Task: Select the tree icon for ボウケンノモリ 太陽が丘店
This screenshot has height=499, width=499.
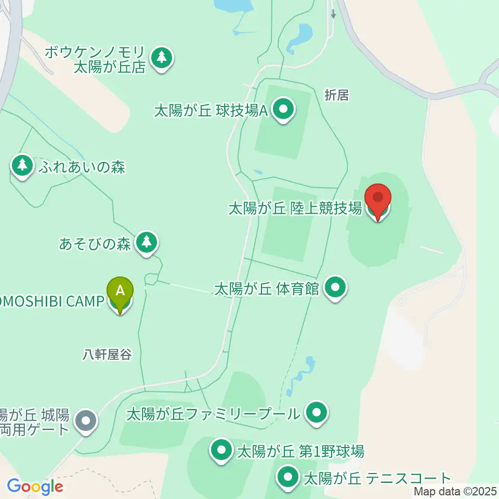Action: tap(162, 58)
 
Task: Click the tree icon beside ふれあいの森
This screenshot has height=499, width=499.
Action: tap(22, 165)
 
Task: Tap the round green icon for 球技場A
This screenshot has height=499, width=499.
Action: tap(283, 110)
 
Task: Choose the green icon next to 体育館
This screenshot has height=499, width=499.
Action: tap(335, 287)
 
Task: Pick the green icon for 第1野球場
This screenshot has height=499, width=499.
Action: tap(222, 450)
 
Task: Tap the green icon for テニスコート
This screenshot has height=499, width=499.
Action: tap(287, 477)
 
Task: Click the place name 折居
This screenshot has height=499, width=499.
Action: tap(336, 95)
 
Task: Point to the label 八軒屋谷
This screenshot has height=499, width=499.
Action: tap(107, 354)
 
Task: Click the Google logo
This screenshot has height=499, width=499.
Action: tap(35, 487)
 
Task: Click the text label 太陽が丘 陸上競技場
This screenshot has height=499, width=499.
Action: tap(295, 209)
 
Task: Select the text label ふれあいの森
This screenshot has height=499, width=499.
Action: tap(81, 167)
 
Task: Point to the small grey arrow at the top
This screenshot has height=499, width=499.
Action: tap(333, 14)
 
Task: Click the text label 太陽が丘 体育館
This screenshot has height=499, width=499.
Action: tap(267, 288)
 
